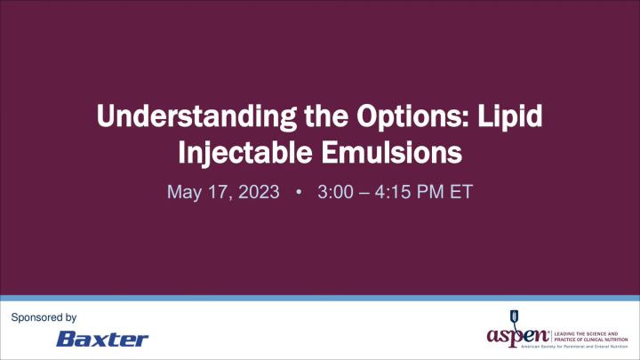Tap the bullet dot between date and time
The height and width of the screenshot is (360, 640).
click(x=297, y=193)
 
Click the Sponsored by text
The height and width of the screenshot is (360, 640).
click(x=43, y=317)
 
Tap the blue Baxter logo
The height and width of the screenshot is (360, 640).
click(x=102, y=339)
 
